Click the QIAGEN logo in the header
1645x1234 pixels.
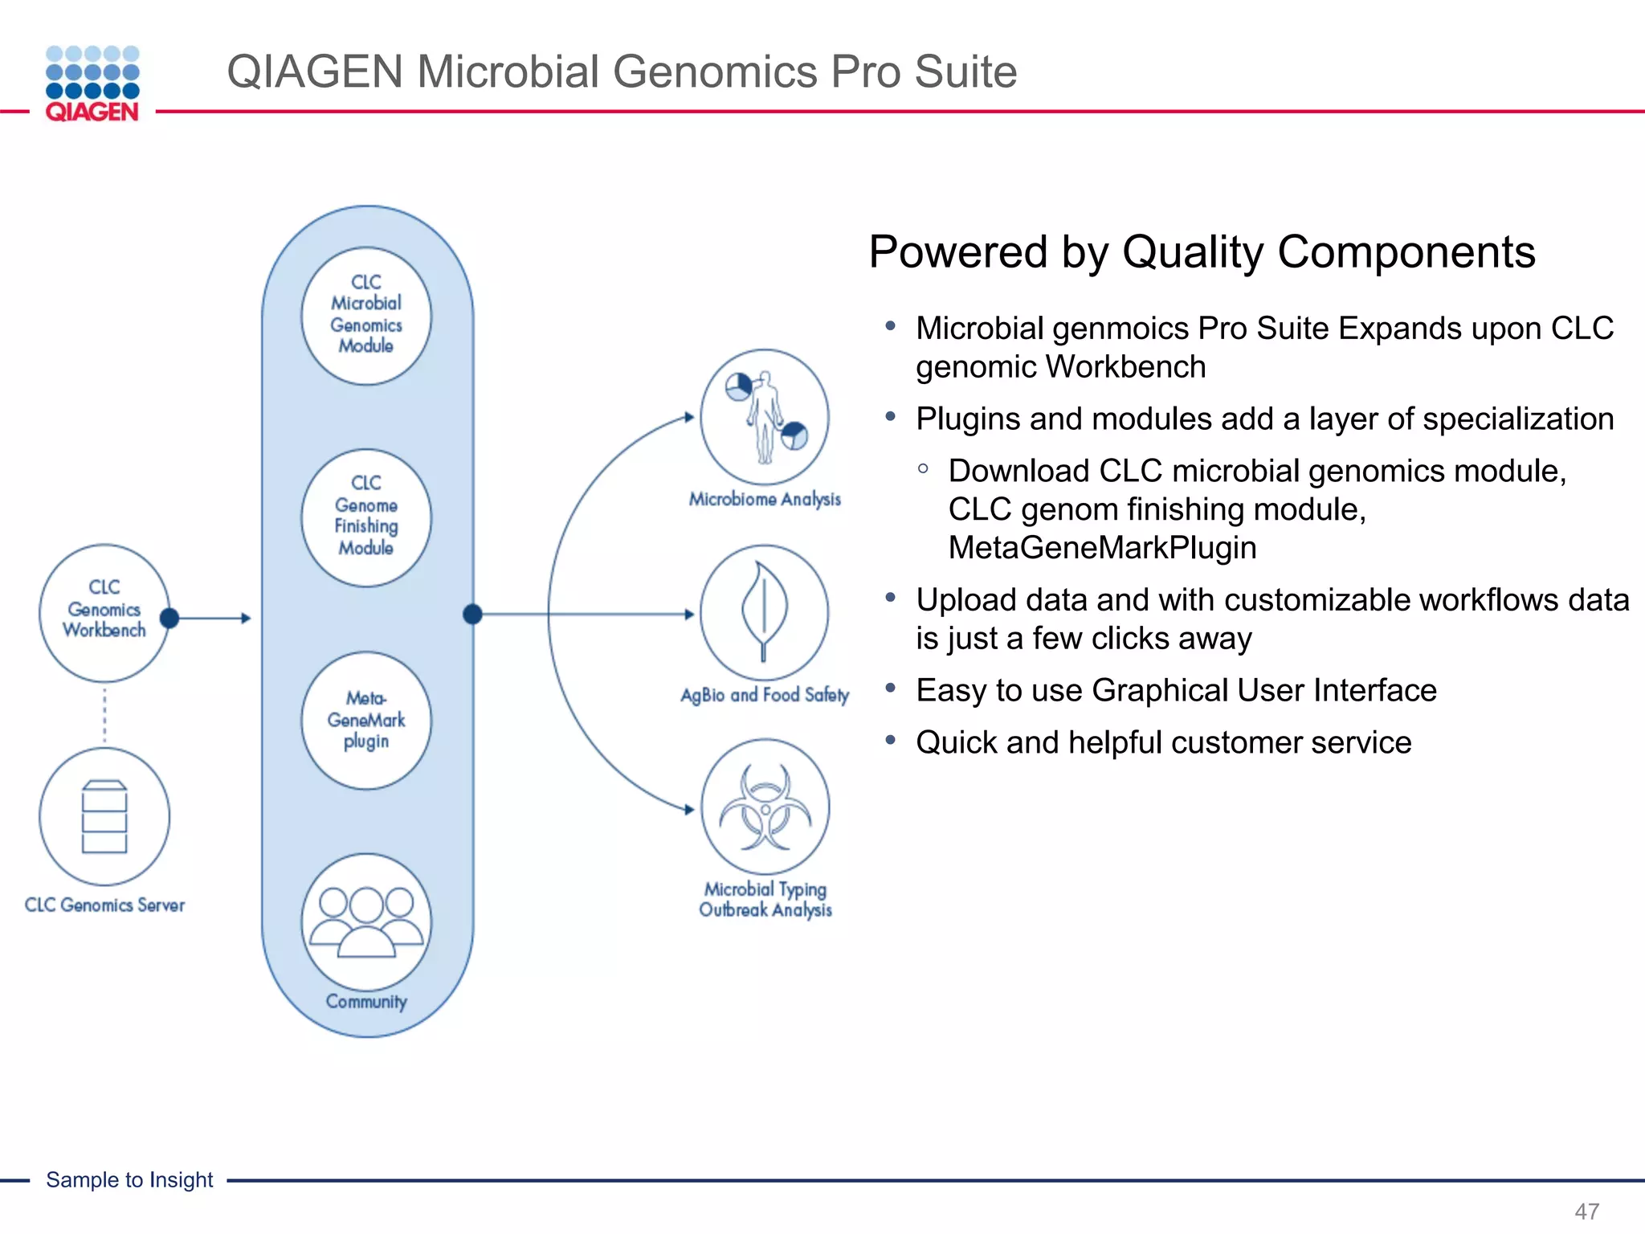click(92, 84)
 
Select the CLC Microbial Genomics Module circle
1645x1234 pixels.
click(366, 315)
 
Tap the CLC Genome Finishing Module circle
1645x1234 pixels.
click(366, 517)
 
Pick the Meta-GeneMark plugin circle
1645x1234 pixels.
click(366, 720)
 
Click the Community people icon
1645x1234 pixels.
click(366, 921)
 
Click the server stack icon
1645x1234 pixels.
click(104, 816)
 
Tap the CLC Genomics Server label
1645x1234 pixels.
click(104, 905)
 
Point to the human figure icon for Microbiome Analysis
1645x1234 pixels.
click(764, 416)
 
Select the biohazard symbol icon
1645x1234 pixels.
click(765, 807)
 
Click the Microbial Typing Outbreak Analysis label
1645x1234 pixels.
click(765, 900)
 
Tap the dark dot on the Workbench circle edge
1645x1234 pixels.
click(169, 618)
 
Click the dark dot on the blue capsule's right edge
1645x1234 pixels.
click(472, 615)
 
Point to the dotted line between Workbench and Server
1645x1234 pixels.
click(104, 715)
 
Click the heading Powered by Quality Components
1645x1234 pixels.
click(1202, 252)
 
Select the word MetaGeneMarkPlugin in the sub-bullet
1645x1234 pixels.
click(1102, 548)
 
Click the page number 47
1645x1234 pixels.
click(1586, 1211)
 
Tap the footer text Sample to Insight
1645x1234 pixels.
click(129, 1179)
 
